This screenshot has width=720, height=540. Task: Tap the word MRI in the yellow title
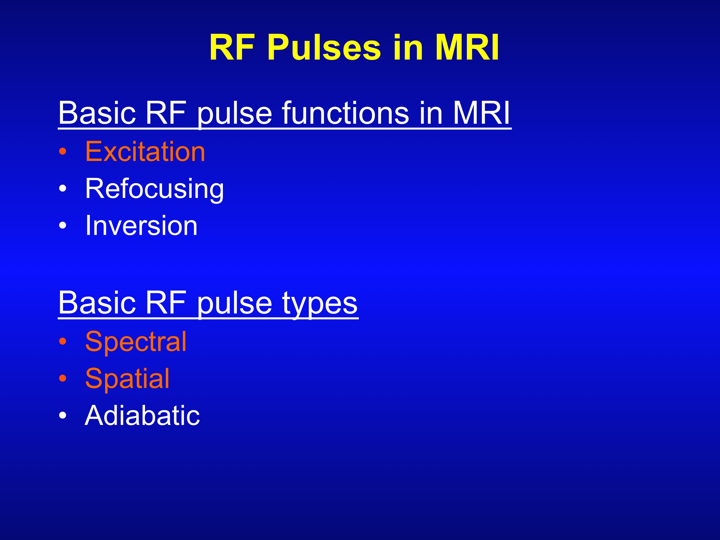[467, 48]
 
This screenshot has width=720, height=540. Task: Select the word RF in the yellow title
[232, 48]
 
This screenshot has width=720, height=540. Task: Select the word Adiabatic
[142, 415]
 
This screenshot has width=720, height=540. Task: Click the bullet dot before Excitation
[63, 152]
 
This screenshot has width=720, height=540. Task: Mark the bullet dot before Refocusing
[63, 189]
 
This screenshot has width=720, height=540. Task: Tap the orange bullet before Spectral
[63, 341]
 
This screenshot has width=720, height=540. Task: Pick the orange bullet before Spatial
[63, 378]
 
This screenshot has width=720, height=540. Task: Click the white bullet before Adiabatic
[63, 415]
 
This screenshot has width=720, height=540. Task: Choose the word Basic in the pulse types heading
[97, 303]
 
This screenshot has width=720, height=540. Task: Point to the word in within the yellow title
[408, 48]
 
